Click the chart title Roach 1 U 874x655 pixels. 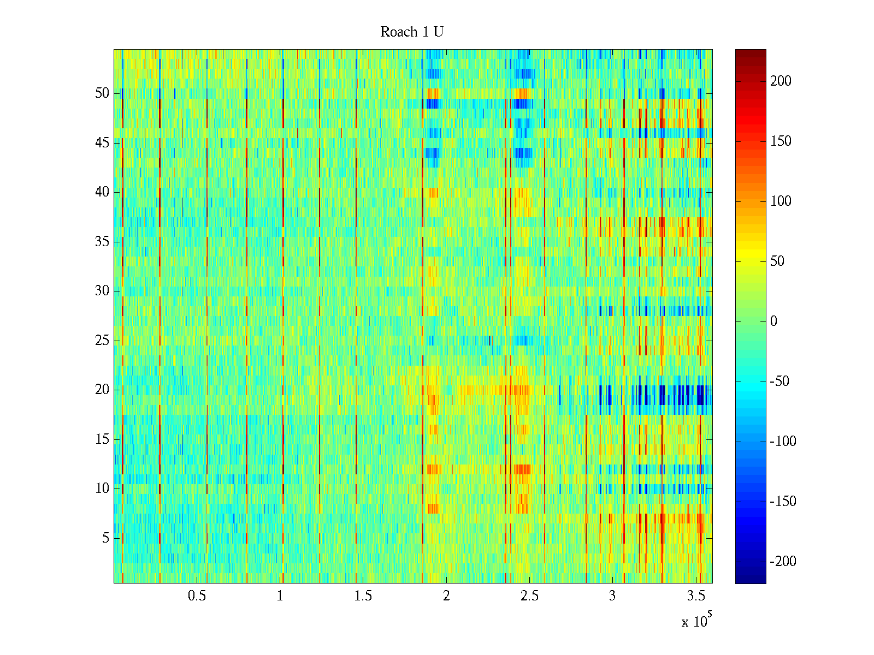point(412,32)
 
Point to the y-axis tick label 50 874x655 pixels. point(102,93)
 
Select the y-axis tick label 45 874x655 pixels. point(102,143)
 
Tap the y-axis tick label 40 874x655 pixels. point(102,192)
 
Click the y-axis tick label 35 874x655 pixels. point(102,242)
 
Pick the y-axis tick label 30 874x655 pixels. point(102,291)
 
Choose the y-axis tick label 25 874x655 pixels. point(102,341)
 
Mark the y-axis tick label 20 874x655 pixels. point(102,390)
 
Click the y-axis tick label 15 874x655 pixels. point(102,439)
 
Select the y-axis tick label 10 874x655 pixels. point(102,489)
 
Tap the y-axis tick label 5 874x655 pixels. point(105,538)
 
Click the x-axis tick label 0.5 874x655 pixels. point(197,596)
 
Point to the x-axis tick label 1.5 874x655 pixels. point(363,596)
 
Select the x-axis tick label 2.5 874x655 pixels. point(529,596)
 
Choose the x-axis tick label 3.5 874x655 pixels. point(696,596)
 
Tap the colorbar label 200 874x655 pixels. point(781,81)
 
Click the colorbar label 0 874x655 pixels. point(773,321)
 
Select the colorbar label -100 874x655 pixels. point(783,442)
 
